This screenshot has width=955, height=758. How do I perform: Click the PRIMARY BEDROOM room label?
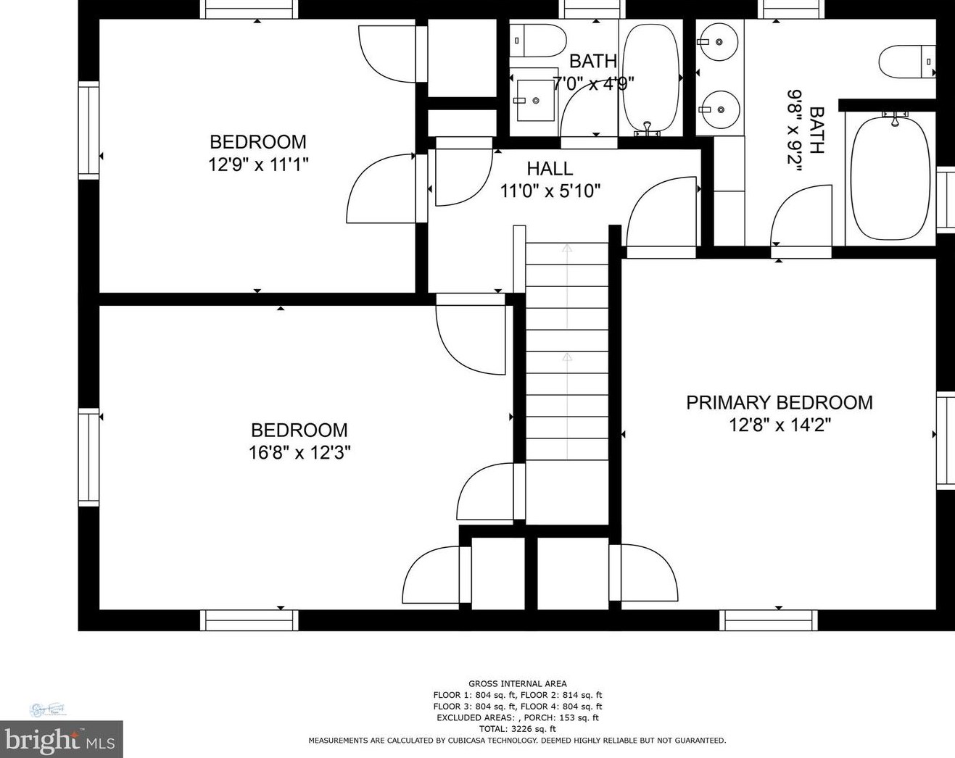(780, 402)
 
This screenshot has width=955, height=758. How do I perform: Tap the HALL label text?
(550, 169)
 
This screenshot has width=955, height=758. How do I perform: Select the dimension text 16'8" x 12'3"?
(299, 453)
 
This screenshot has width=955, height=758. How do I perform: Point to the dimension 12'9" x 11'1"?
(258, 164)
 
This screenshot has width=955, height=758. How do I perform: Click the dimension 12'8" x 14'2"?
(780, 425)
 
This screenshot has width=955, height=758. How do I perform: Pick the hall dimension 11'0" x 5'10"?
(550, 191)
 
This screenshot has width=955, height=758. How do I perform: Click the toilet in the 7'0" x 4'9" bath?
(537, 41)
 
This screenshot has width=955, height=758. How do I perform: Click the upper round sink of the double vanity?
(719, 42)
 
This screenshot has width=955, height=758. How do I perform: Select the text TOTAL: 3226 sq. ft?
(518, 729)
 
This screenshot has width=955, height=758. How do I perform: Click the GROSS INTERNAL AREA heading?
(518, 683)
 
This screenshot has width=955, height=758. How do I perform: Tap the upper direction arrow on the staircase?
(567, 249)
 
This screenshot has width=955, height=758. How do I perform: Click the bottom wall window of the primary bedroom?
(768, 620)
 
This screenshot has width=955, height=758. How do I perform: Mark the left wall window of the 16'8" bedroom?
(88, 457)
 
